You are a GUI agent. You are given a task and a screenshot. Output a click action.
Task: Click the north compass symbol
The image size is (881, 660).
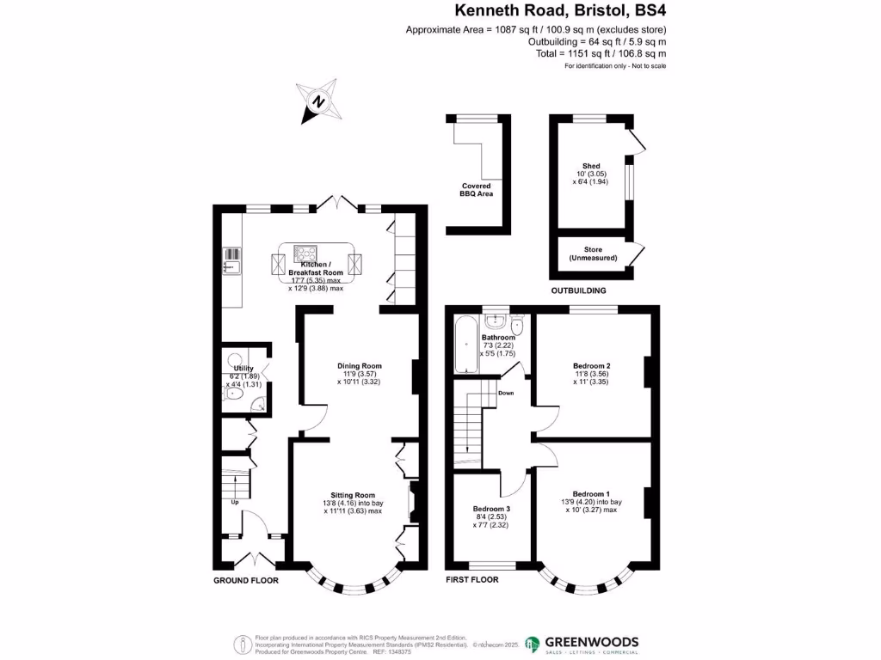point(317,102)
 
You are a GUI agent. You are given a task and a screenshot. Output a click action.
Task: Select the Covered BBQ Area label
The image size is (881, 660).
point(475,190)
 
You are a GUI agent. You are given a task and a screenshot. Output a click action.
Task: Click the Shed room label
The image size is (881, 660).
point(591,166)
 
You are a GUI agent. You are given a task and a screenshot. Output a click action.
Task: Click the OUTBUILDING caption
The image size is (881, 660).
point(578,290)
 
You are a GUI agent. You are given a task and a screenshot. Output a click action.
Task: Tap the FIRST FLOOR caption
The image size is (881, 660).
point(472,581)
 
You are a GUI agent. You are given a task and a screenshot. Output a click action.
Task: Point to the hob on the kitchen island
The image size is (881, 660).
point(305,254)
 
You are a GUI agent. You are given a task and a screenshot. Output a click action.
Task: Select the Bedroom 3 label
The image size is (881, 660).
point(491,509)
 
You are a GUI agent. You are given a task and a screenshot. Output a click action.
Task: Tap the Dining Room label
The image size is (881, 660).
point(359,366)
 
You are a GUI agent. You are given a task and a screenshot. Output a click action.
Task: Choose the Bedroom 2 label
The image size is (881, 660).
point(591,366)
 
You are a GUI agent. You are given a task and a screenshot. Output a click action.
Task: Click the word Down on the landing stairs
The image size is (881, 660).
point(506,394)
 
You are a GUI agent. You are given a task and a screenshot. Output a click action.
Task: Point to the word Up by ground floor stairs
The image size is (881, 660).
point(234,502)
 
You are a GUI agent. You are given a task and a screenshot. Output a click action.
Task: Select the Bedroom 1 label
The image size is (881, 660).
point(591,493)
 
